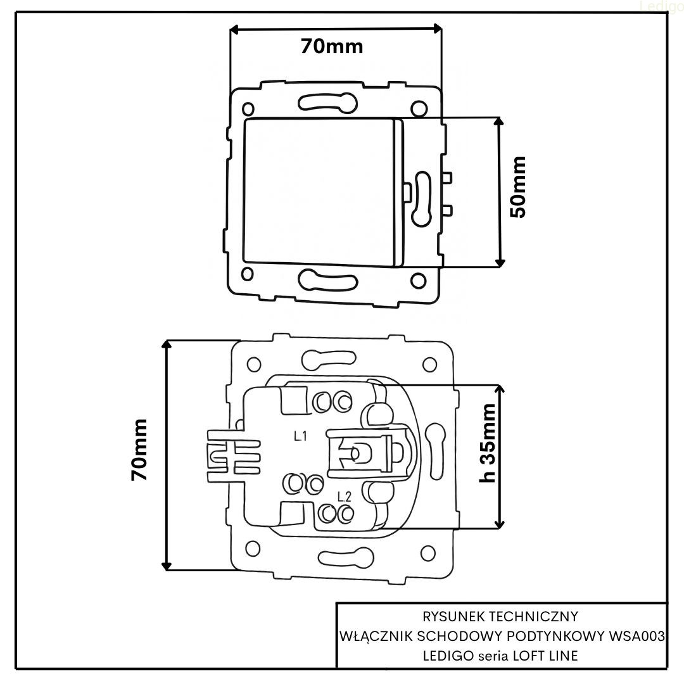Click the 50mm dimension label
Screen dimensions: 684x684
(518, 187)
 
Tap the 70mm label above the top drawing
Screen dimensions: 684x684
(332, 46)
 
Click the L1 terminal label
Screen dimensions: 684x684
(300, 436)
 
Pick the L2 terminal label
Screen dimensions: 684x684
(344, 496)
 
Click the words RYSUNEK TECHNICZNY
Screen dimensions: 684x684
(500, 615)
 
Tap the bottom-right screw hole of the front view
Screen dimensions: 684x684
(417, 278)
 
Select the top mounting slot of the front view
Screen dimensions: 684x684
(327, 101)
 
